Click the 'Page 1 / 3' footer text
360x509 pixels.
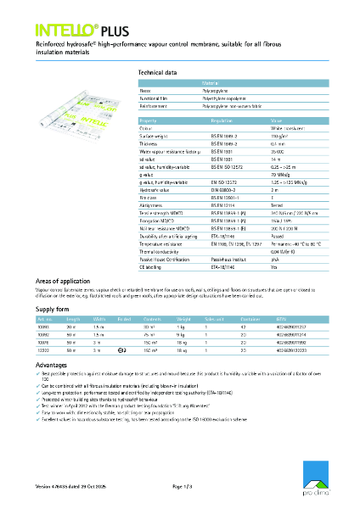tap(183, 486)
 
